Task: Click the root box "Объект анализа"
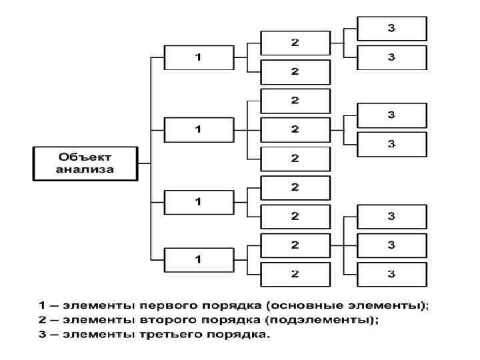click(x=85, y=163)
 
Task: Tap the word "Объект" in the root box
click(x=85, y=157)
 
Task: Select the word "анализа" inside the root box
click(x=85, y=169)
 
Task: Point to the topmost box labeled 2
click(x=295, y=43)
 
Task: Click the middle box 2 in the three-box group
click(x=295, y=129)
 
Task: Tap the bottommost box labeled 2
click(x=295, y=274)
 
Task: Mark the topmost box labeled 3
click(x=392, y=28)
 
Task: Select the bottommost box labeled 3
click(x=392, y=274)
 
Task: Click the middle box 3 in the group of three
click(x=392, y=245)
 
